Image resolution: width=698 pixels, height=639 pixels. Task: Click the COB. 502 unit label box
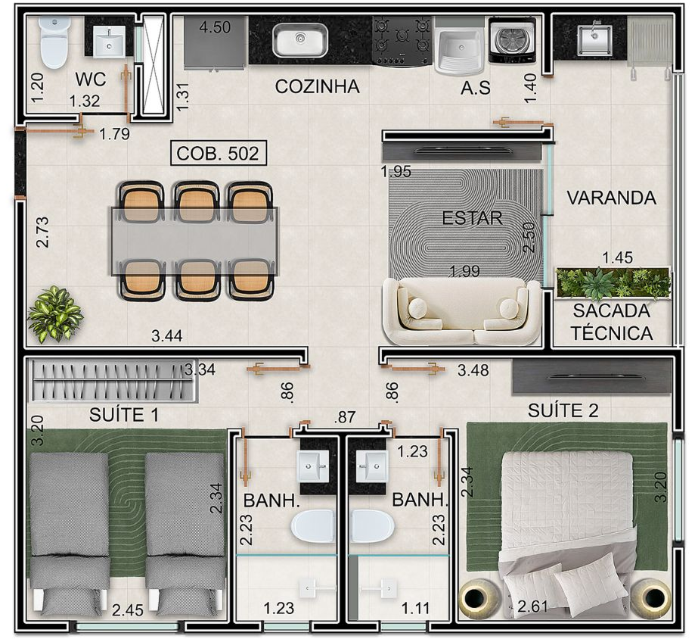click(x=219, y=153)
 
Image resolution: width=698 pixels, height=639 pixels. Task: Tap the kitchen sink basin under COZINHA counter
click(x=300, y=40)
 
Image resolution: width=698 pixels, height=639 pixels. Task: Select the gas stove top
click(x=402, y=41)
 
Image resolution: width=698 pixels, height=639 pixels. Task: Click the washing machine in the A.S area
click(x=511, y=40)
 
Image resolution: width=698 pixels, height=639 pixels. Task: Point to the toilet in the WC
click(x=54, y=43)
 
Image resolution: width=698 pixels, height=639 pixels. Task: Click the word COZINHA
click(x=318, y=86)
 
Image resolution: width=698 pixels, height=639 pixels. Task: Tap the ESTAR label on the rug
click(x=472, y=218)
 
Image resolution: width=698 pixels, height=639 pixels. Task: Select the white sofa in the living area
click(x=461, y=311)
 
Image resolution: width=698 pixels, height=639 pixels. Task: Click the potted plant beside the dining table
click(x=55, y=313)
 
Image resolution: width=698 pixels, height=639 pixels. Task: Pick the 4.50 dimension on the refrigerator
click(x=215, y=27)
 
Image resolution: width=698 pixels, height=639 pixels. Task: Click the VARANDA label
click(x=611, y=198)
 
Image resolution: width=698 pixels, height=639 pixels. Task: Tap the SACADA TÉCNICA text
click(x=612, y=322)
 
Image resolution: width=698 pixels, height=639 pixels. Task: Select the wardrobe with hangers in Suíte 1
click(x=114, y=381)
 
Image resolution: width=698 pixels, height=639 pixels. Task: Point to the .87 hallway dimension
click(x=345, y=416)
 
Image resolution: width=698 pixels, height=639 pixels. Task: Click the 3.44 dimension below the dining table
click(x=167, y=335)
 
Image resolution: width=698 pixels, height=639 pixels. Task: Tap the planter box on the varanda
click(x=613, y=283)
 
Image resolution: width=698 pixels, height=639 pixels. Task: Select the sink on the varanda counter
click(x=594, y=39)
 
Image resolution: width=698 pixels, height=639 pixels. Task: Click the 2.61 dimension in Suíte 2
click(x=533, y=606)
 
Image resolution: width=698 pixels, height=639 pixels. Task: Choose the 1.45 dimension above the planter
click(x=617, y=257)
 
